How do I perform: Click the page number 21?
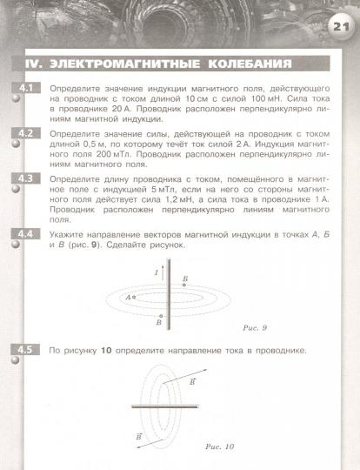coord(339,27)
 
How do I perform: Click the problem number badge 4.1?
coord(24,89)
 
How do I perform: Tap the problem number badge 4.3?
coord(24,178)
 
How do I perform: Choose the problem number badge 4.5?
coord(24,350)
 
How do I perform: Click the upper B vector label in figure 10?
coord(217,381)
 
